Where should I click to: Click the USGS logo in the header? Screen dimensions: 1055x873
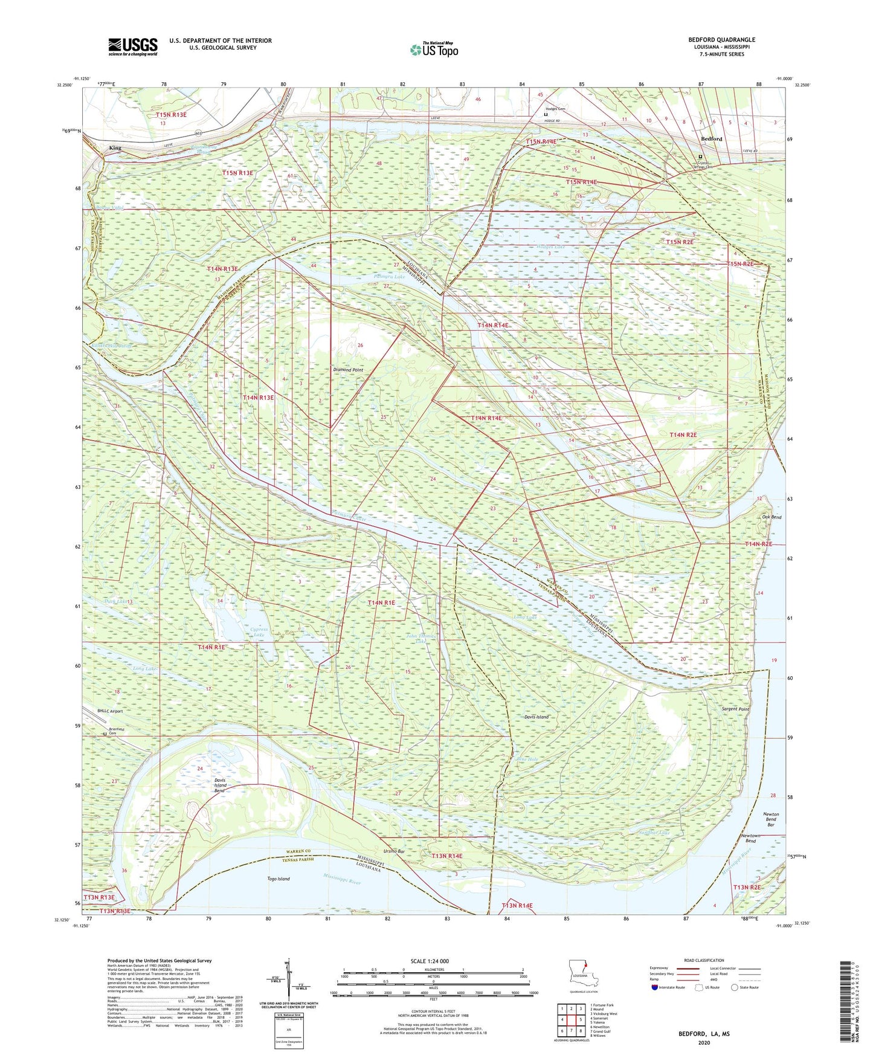click(x=132, y=46)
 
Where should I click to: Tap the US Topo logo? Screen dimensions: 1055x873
click(x=434, y=50)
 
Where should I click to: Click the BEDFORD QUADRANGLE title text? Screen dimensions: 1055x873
click(x=721, y=40)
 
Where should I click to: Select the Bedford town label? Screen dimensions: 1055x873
click(x=711, y=139)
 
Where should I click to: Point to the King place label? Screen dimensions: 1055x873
click(x=115, y=148)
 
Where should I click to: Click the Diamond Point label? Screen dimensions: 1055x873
click(x=348, y=370)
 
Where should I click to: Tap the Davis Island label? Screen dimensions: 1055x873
click(x=536, y=717)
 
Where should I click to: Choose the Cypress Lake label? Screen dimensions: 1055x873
click(x=259, y=632)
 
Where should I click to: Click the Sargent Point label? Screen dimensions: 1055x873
click(x=735, y=709)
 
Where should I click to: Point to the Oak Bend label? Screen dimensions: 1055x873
click(x=772, y=517)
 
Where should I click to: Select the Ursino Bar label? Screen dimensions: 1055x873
click(x=394, y=851)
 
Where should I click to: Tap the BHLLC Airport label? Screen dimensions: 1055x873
click(x=110, y=711)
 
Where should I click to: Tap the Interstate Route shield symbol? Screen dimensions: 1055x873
click(x=656, y=988)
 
